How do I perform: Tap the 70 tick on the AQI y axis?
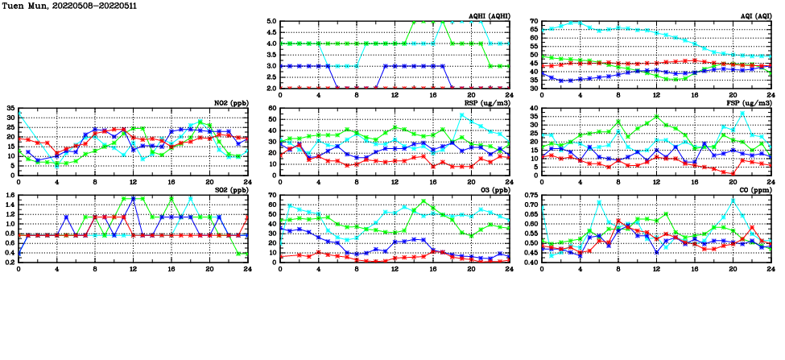point(533,22)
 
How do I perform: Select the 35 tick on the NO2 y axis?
point(10,108)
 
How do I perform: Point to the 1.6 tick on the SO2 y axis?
point(10,195)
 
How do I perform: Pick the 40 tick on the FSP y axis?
point(533,108)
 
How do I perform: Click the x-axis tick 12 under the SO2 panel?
point(133,269)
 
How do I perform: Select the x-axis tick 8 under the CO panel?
point(618,269)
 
